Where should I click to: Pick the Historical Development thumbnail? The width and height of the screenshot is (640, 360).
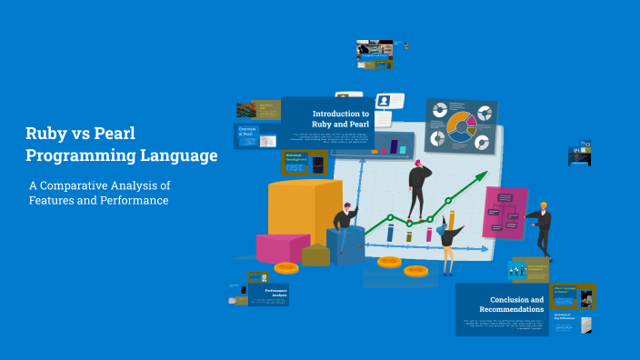tap(304, 162)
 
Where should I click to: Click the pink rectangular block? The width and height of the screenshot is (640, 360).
tap(283, 247)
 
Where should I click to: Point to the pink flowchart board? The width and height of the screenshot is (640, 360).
tap(505, 212)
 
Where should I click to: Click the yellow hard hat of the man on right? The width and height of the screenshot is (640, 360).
tap(543, 205)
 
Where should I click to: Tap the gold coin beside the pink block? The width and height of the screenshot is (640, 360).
tap(286, 268)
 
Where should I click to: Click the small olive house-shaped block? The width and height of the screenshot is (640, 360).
tap(315, 255)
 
